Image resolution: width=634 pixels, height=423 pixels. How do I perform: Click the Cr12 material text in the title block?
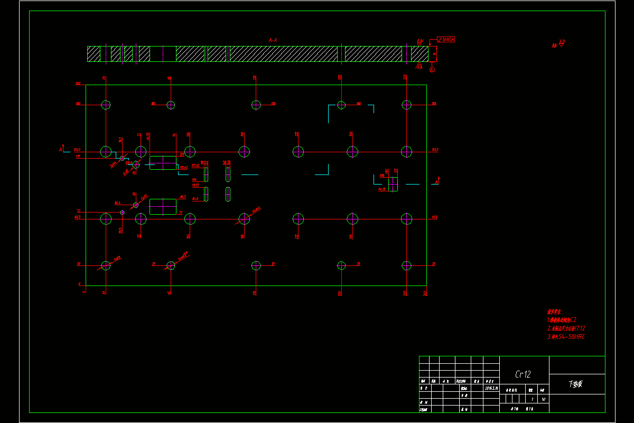pos(523,374)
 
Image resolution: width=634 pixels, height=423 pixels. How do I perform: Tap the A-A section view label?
pos(273,40)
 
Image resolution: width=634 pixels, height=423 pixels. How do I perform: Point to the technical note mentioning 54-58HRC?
pos(566,336)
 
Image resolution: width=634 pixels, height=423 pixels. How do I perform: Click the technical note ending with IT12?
pos(566,328)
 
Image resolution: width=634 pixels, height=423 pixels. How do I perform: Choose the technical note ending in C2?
pos(562,319)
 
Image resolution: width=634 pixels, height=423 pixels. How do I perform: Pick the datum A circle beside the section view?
pos(432,69)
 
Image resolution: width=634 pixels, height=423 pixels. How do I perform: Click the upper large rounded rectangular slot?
pos(163,163)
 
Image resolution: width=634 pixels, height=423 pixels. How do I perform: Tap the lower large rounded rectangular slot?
pos(163,206)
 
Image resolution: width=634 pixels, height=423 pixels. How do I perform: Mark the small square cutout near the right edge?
pos(393,184)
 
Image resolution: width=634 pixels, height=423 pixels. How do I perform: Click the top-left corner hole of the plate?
pos(106,105)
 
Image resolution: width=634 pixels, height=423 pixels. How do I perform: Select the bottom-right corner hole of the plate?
pos(406,265)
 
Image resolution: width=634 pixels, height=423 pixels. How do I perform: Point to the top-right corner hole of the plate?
pos(406,105)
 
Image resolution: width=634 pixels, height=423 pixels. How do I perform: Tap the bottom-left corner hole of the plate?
pos(106,265)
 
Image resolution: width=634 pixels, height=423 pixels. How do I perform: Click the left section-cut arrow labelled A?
pos(62,150)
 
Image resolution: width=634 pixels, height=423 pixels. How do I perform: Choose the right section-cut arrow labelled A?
pos(437,181)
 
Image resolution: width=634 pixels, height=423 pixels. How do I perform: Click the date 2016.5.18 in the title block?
pos(491,388)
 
